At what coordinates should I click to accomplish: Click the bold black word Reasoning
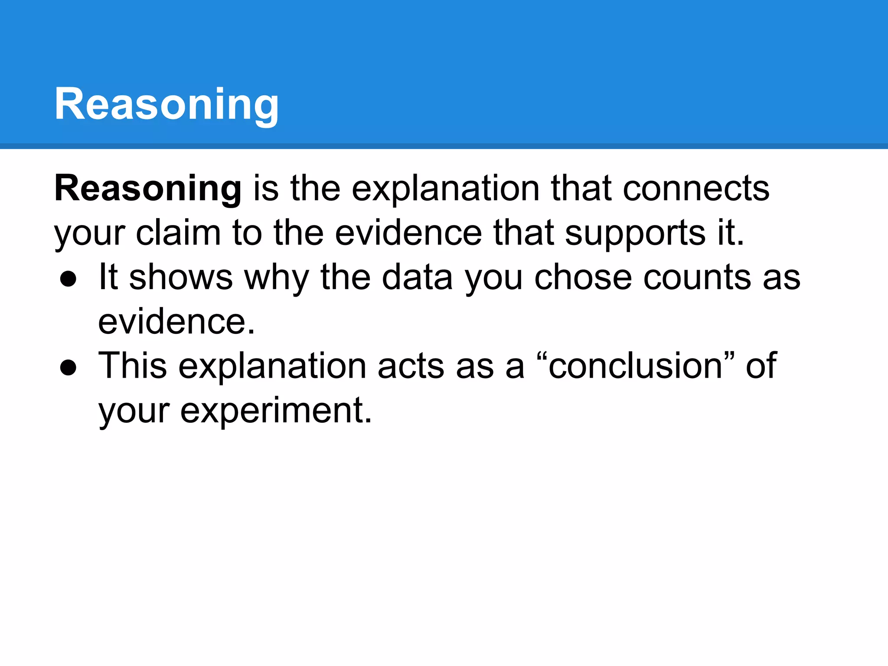(x=147, y=189)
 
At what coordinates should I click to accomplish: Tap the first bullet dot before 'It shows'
(x=69, y=279)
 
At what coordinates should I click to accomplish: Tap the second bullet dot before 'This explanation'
(x=69, y=368)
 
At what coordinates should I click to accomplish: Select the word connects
(x=696, y=189)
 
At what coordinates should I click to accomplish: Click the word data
(x=417, y=277)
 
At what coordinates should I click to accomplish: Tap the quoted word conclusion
(x=635, y=366)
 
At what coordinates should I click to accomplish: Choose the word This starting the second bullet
(x=132, y=366)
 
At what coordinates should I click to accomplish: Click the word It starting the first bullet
(x=108, y=277)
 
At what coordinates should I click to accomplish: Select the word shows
(x=181, y=277)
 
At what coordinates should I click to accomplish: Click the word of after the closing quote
(x=761, y=366)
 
